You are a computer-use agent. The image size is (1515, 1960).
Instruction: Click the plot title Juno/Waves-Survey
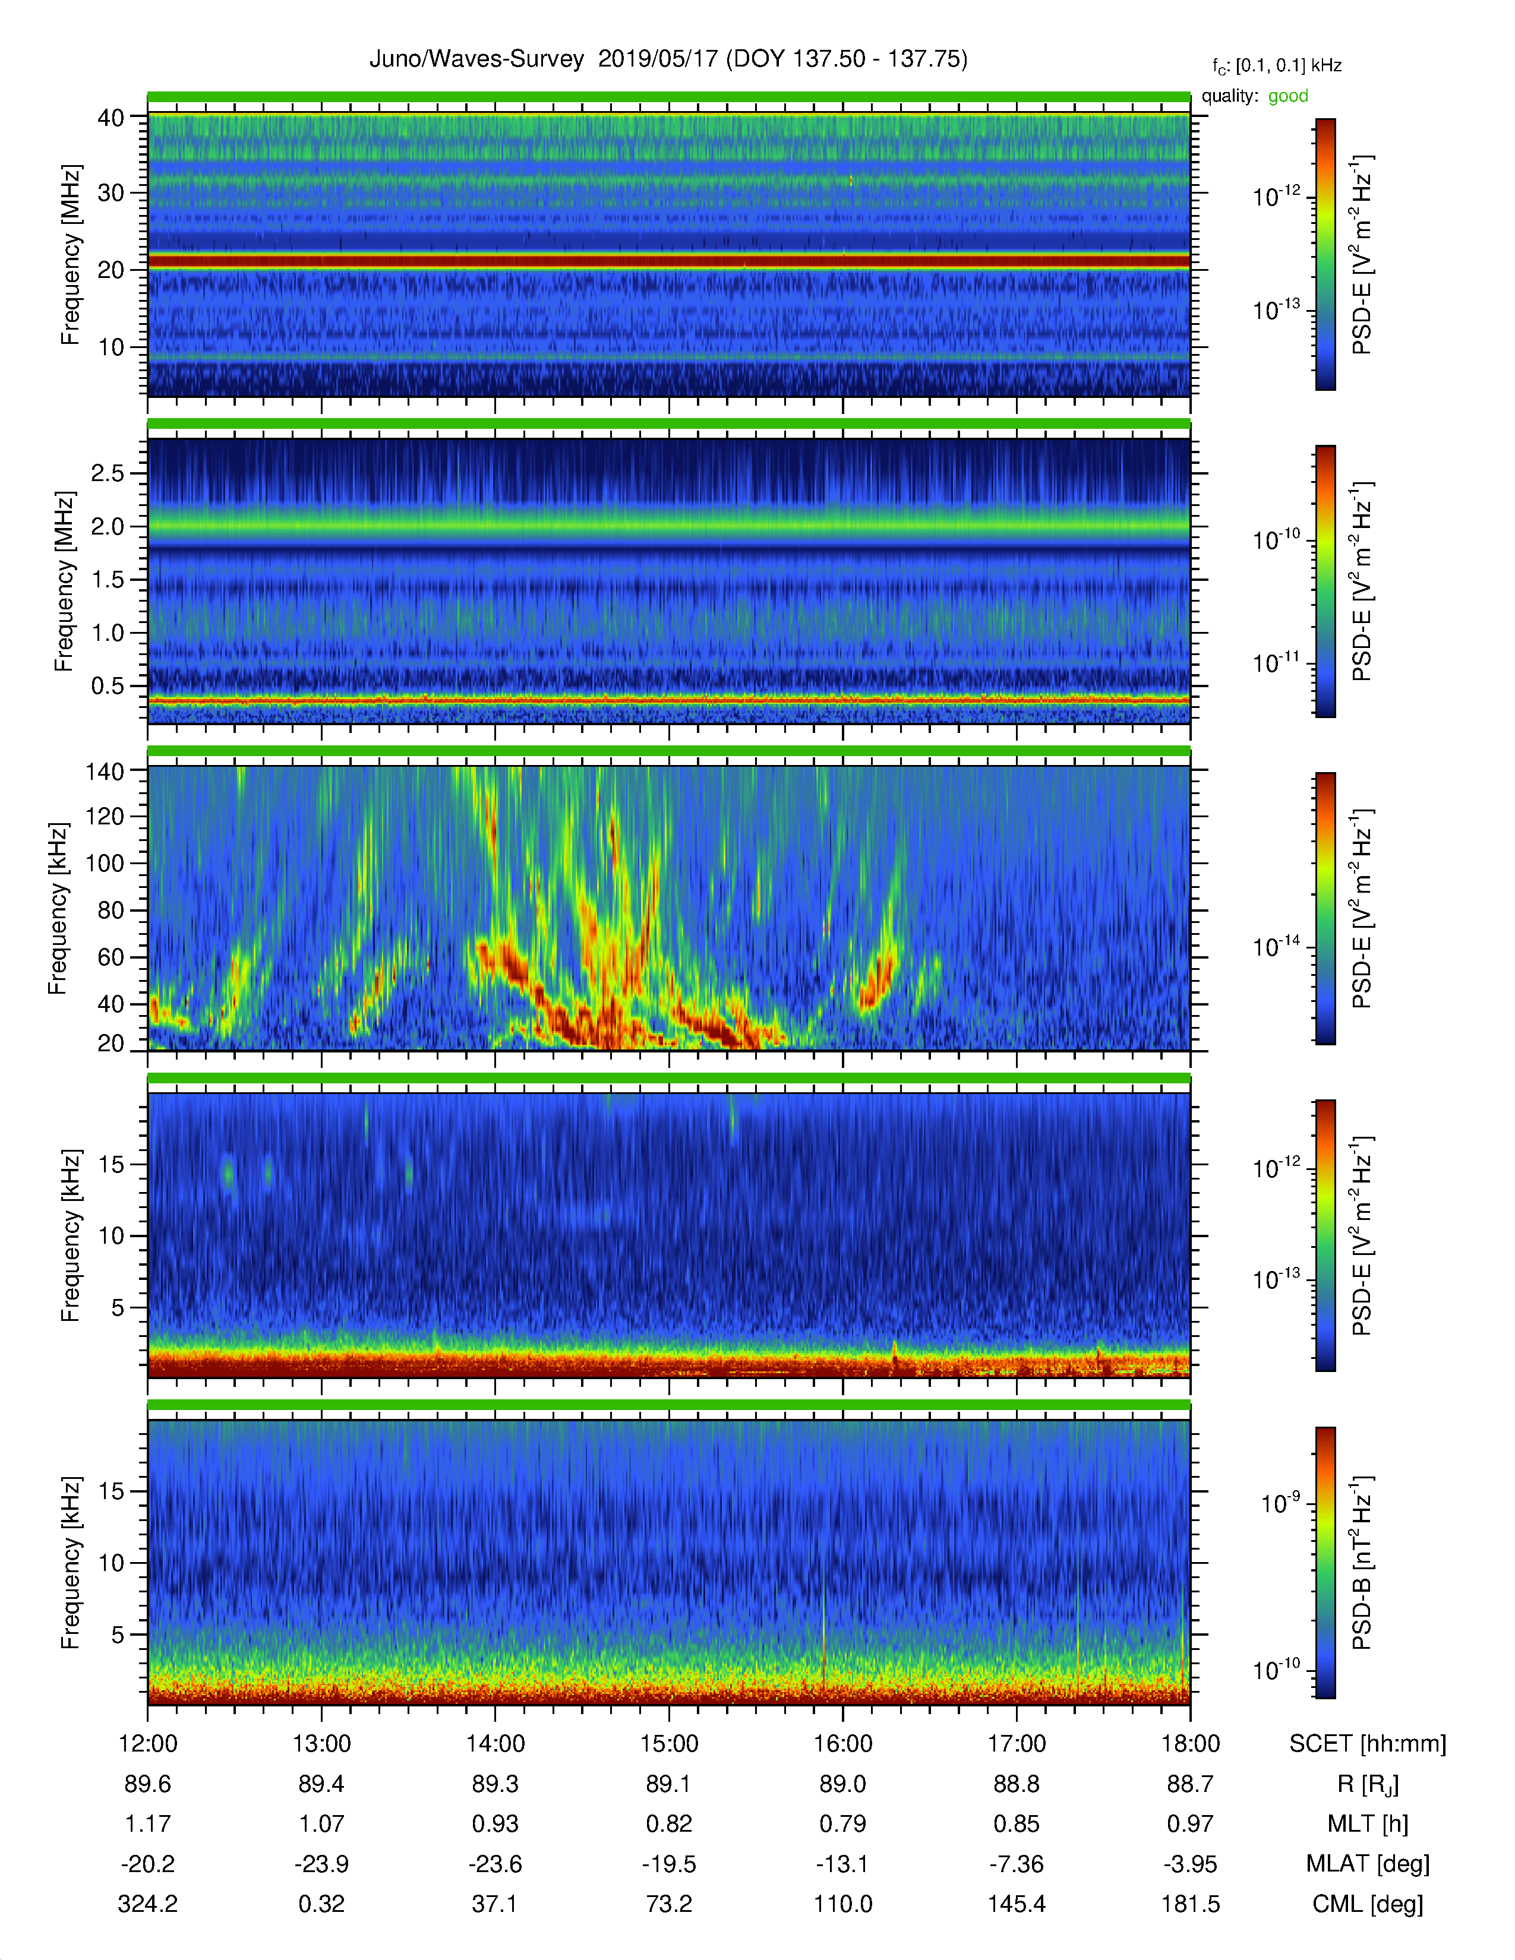coord(476,59)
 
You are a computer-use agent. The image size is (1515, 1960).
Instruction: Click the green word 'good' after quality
coord(1288,96)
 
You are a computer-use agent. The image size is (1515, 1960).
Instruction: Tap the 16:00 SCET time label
coord(843,1744)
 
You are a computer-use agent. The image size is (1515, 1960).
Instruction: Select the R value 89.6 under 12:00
coord(148,1784)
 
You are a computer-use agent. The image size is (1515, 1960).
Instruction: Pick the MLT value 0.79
coord(843,1823)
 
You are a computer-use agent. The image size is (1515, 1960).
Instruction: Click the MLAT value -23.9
coord(321,1864)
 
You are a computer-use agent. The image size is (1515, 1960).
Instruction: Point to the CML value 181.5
coord(1190,1904)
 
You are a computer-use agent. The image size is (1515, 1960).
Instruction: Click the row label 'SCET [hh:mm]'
coord(1368,1744)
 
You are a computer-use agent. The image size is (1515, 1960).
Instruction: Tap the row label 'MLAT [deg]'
coord(1368,1864)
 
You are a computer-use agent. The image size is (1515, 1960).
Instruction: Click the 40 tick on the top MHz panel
coord(111,118)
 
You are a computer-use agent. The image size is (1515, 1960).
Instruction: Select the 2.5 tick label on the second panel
coord(108,473)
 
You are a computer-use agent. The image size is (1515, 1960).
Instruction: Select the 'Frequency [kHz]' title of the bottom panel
coord(70,1563)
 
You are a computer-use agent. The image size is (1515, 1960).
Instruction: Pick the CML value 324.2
coord(148,1904)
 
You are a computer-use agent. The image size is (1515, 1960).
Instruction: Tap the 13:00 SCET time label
coord(321,1744)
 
